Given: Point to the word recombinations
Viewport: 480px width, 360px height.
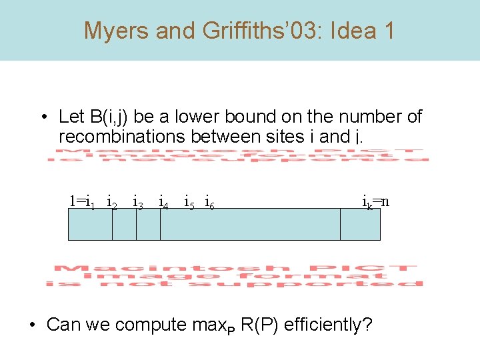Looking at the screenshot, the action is [122, 137].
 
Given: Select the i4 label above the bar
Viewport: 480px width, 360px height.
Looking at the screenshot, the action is [163, 201].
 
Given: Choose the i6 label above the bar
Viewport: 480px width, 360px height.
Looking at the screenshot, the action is [209, 201].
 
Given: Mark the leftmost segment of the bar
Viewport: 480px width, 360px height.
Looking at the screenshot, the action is [90, 224].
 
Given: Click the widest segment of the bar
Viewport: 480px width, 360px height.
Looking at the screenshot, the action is [250, 224].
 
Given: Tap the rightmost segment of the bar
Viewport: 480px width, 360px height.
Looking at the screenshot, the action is [360, 224].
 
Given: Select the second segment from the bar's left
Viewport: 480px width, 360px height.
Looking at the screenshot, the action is [124, 224].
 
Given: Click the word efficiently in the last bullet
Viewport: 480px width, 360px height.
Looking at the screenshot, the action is [324, 325].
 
